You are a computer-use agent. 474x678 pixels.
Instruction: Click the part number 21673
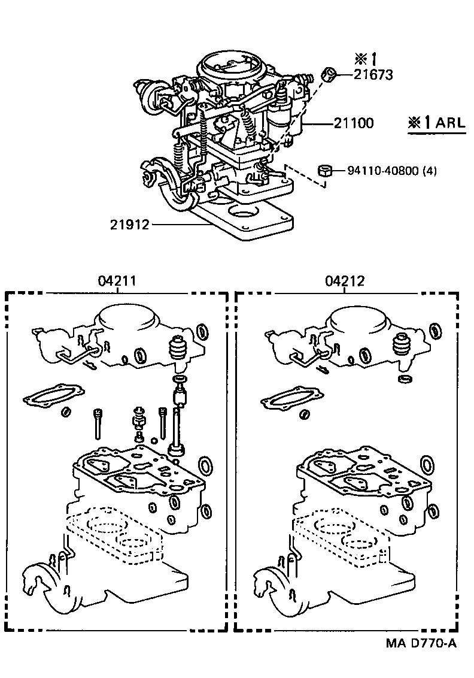coord(373,75)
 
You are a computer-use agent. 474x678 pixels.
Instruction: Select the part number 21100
coord(354,123)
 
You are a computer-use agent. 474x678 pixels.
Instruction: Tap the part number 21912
coord(130,225)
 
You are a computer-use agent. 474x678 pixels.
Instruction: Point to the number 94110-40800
coord(383,171)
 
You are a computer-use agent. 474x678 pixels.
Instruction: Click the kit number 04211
coord(117,281)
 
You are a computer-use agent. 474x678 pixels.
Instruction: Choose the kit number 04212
coord(345,281)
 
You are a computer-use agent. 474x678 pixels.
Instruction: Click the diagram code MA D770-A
coord(421,643)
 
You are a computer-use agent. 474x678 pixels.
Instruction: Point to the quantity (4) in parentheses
coord(429,171)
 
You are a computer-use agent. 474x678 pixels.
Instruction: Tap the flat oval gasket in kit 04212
coord(292,396)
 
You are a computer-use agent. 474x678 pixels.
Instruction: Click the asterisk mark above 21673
coord(360,58)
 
